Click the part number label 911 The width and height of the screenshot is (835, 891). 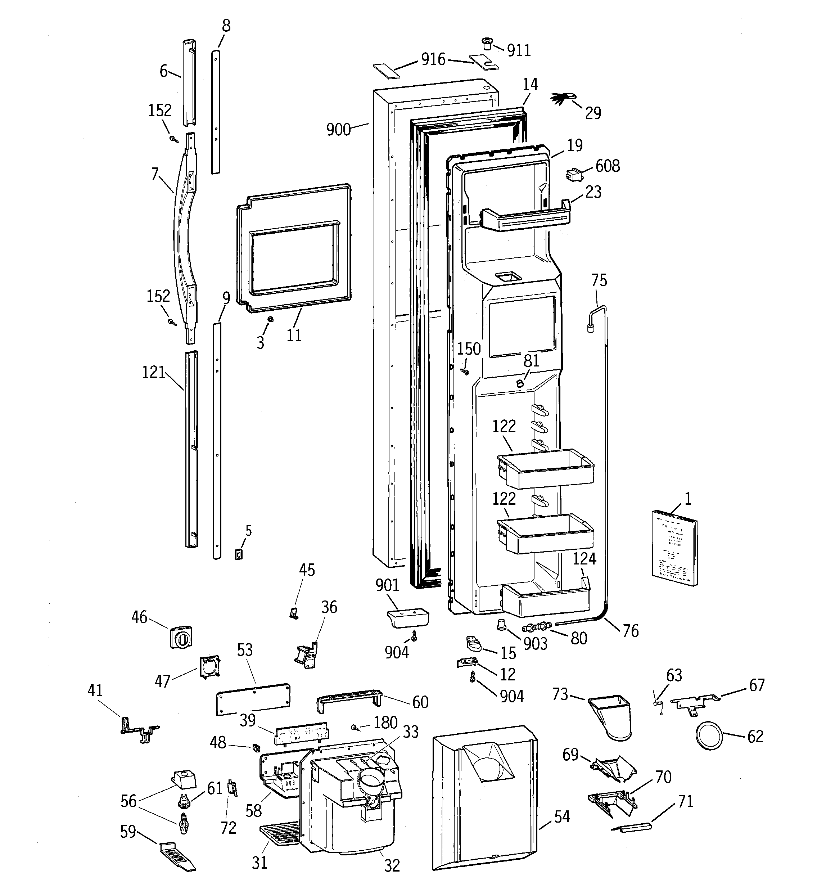[519, 51]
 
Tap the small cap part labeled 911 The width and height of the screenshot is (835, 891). [487, 44]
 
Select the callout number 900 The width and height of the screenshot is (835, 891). [338, 130]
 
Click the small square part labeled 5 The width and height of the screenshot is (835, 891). [239, 554]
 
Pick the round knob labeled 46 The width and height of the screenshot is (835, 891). [181, 636]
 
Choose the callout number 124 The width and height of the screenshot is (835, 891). [584, 558]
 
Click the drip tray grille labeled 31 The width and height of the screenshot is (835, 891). [279, 833]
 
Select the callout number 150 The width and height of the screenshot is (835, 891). [469, 349]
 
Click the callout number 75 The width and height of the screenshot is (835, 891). [599, 280]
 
